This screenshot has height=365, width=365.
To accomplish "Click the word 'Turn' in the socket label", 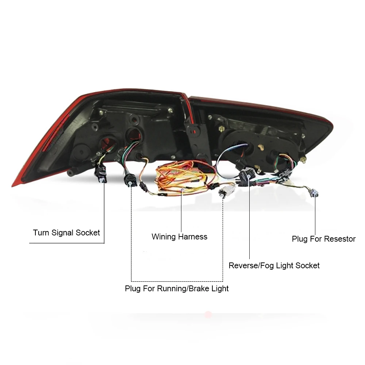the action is tap(41, 233).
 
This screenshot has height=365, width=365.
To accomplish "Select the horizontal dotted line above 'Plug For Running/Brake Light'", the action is tap(177, 280).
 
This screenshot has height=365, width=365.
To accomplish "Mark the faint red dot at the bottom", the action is tap(208, 314).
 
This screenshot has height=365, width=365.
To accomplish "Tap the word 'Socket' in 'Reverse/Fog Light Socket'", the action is tap(307, 266).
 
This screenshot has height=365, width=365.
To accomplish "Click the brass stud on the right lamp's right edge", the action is tap(303, 160).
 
